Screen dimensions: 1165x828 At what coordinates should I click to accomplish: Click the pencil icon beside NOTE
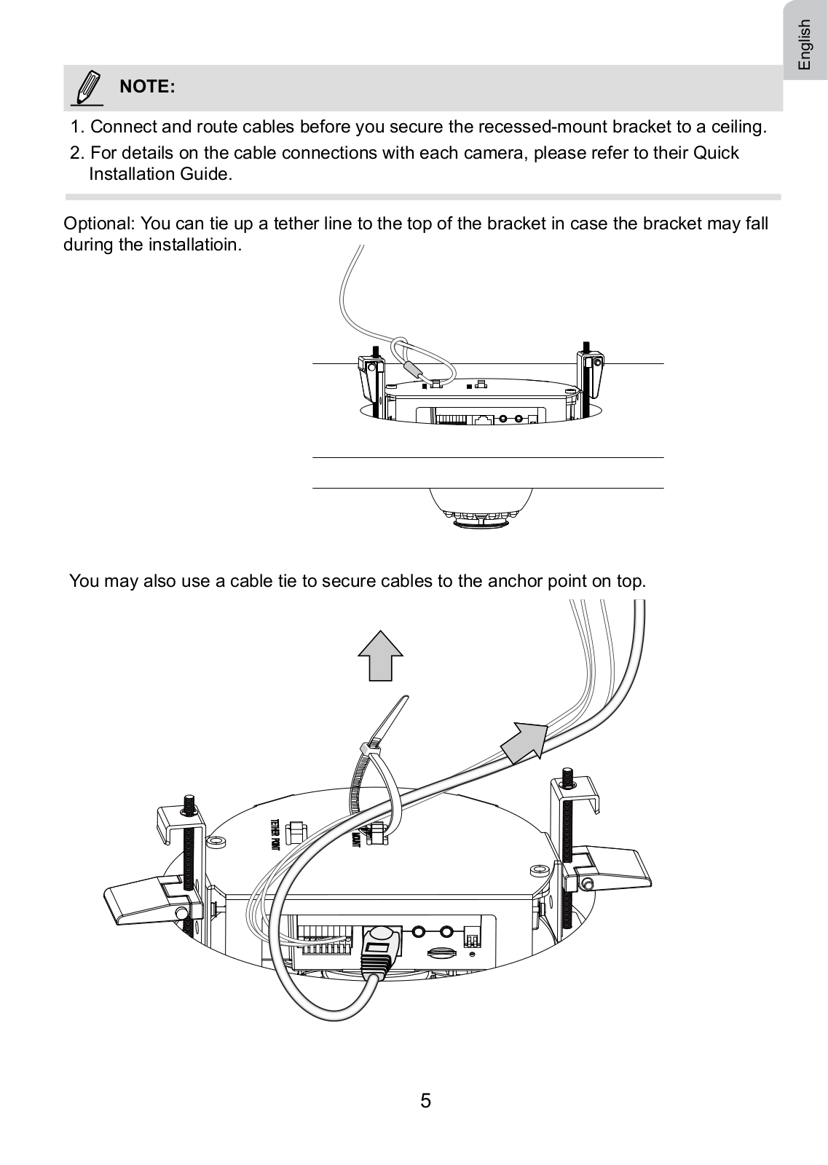click(x=88, y=87)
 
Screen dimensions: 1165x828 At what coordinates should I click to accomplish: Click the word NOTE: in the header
click(x=147, y=87)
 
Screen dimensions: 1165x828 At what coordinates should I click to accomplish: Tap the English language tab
click(x=805, y=44)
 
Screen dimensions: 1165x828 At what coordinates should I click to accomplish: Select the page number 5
click(x=425, y=1100)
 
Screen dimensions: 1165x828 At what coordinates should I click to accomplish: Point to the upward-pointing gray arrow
click(x=380, y=655)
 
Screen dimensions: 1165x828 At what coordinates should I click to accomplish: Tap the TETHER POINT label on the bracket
click(x=275, y=834)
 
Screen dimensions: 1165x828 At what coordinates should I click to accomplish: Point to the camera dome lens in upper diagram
click(x=481, y=518)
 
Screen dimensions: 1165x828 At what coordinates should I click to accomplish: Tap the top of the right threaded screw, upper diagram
click(x=585, y=344)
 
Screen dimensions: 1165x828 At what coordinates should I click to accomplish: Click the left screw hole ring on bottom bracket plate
click(x=216, y=841)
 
